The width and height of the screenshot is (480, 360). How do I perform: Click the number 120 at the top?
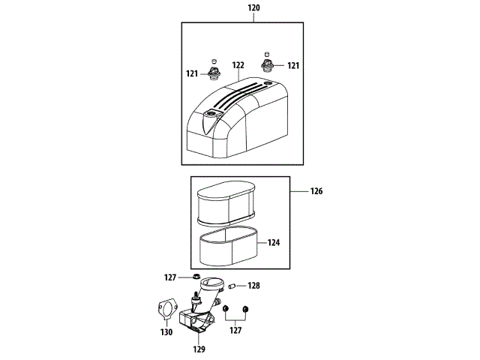[253, 7]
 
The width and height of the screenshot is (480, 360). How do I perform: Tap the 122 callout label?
[238, 65]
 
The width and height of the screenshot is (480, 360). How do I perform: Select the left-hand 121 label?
[192, 73]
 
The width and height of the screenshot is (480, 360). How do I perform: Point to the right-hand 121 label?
[293, 65]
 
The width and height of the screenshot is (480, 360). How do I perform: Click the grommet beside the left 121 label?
[213, 73]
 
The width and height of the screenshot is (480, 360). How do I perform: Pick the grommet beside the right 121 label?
[267, 65]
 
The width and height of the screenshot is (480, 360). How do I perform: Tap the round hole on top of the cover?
[268, 83]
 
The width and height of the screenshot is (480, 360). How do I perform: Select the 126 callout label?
[316, 191]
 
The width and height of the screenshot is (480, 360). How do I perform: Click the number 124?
[273, 243]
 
